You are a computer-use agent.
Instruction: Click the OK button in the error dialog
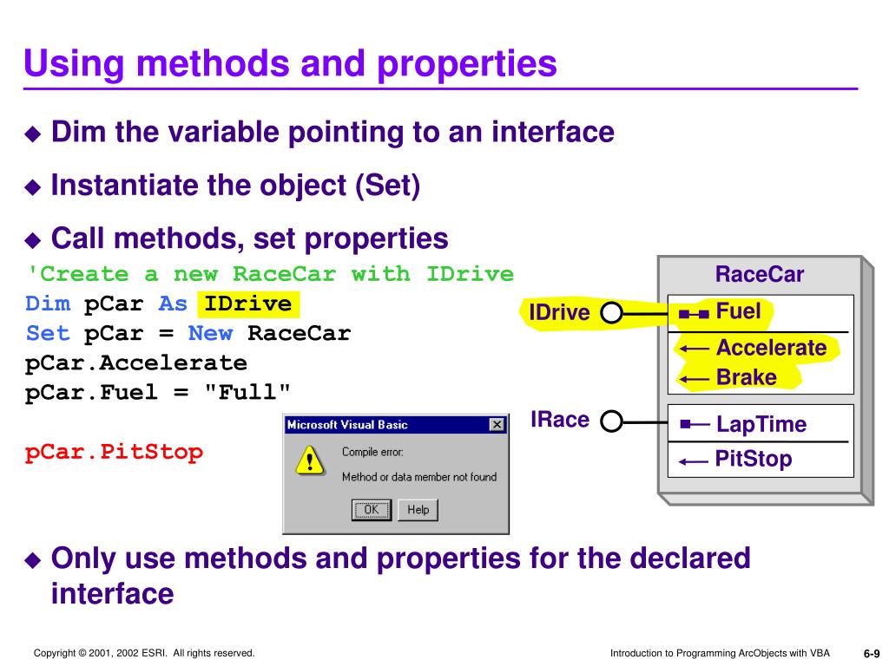(371, 510)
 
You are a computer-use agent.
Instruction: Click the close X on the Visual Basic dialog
(497, 425)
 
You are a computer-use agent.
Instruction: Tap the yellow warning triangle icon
(308, 460)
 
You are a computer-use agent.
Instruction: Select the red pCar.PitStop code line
(115, 452)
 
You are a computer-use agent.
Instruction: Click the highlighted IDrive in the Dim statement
(248, 304)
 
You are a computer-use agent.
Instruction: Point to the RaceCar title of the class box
(759, 275)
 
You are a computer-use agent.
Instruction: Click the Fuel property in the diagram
(738, 311)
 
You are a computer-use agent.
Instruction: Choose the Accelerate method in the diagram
(771, 349)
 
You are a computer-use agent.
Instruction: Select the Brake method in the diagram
(747, 378)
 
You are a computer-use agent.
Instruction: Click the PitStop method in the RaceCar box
(754, 459)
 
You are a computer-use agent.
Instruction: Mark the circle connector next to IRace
(611, 422)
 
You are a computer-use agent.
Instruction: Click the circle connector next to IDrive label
(611, 312)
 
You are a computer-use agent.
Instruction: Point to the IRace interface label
(560, 421)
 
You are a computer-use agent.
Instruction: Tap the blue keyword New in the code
(210, 334)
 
